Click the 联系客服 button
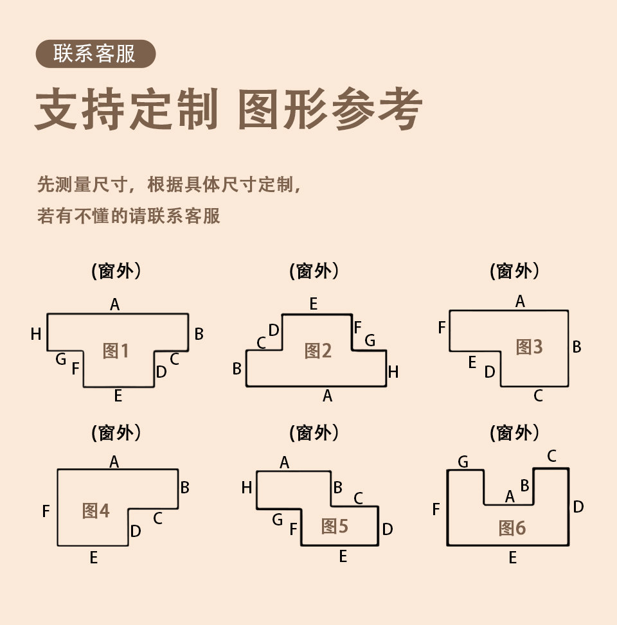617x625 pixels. (95, 54)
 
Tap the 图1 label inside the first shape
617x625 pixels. (116, 351)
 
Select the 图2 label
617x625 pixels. (317, 351)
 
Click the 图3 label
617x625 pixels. (529, 347)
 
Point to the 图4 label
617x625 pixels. (96, 511)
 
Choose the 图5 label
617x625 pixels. (334, 527)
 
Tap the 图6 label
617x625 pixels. (512, 528)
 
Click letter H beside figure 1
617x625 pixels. (36, 334)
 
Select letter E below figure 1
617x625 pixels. (118, 396)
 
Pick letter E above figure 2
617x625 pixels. (313, 304)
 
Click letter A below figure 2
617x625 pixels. (327, 396)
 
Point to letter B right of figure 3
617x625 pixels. (577, 347)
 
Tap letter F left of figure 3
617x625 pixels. (442, 328)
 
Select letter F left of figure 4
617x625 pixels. (46, 511)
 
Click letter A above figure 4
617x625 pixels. (114, 461)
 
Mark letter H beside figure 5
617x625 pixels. (246, 488)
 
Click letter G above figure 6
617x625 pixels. (463, 461)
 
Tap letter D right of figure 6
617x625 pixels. (578, 507)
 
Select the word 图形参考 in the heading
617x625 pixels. (330, 110)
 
